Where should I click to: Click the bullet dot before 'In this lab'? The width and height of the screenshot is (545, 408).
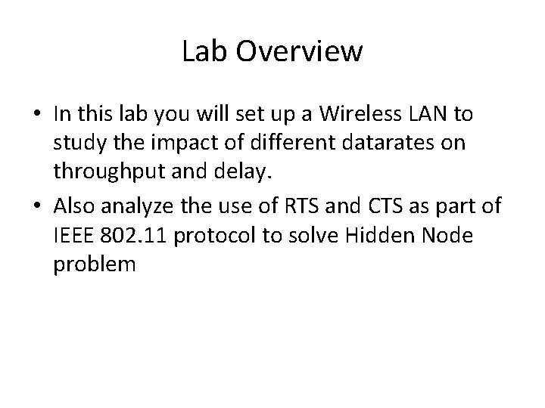(36, 114)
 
